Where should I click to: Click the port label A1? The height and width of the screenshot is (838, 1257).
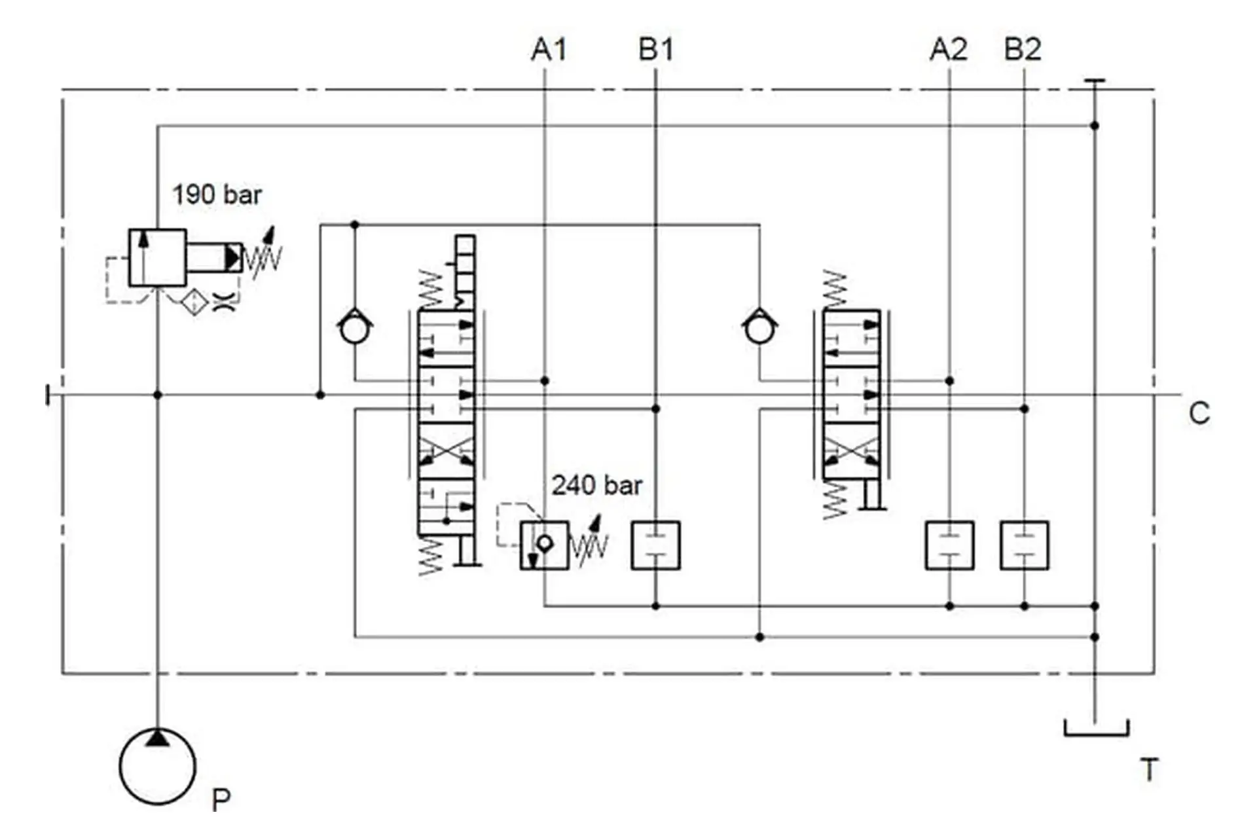549,50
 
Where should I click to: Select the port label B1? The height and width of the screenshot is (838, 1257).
656,50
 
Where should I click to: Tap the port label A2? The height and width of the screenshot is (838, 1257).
949,50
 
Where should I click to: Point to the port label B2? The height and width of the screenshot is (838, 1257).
1023,50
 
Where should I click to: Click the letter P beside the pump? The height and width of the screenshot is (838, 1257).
221,800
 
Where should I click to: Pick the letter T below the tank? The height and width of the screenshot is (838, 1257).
1149,769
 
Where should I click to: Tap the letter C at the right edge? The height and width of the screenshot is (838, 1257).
1199,413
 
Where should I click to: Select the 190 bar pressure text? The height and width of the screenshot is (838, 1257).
217,194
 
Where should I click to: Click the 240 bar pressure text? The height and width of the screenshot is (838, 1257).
596,485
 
